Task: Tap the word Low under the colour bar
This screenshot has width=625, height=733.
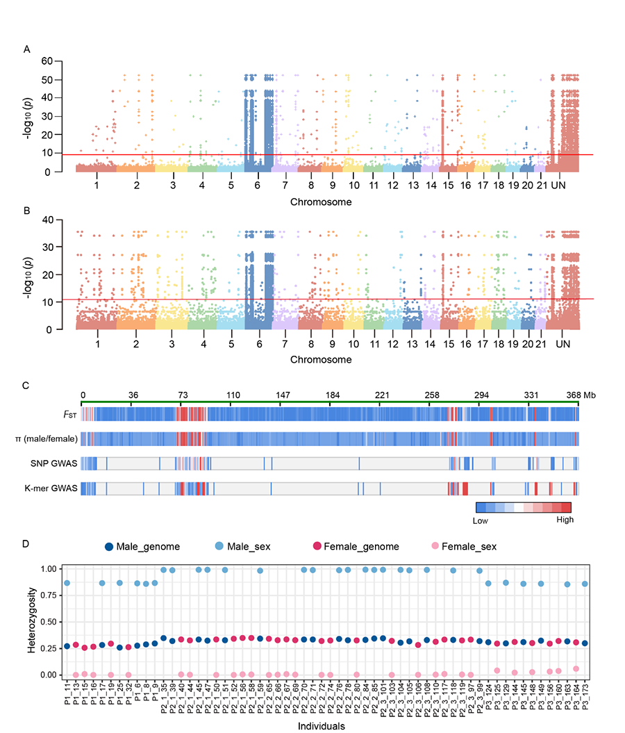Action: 483,519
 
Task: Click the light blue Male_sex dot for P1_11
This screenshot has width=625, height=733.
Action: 67,583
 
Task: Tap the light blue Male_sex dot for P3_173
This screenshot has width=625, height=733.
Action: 585,584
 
